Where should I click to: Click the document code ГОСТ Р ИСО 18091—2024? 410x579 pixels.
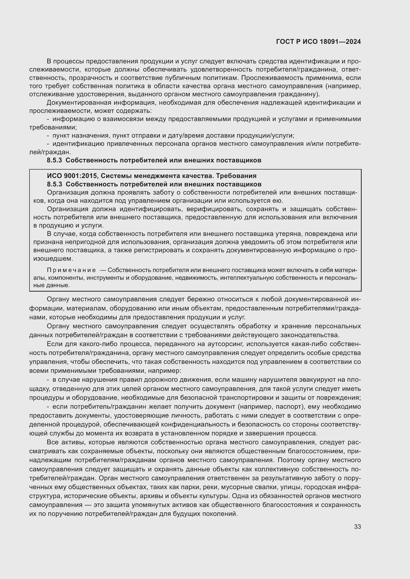click(318, 42)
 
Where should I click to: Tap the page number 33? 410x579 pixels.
click(357, 527)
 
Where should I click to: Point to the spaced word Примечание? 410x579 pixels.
click(71, 270)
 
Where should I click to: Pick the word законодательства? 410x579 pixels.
click(311, 335)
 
